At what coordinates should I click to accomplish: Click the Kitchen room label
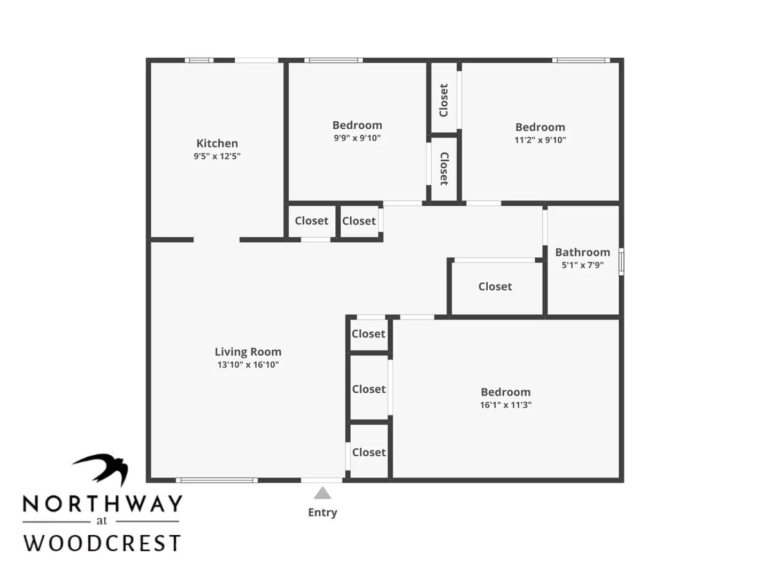217,143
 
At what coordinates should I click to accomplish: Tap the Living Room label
248,352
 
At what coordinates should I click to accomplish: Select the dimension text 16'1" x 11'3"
505,405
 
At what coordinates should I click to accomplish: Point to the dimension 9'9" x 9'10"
357,138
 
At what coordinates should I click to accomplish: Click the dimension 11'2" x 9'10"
540,140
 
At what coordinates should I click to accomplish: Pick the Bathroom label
582,252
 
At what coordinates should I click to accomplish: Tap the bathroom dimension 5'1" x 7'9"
582,265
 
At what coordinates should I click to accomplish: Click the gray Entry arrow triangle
322,493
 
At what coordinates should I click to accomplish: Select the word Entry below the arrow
322,512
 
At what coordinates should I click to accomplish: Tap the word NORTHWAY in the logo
102,504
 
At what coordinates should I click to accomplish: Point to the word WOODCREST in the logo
102,543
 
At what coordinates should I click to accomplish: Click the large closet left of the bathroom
495,287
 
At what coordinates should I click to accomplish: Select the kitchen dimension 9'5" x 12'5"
217,157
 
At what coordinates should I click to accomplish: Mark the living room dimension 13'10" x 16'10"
248,365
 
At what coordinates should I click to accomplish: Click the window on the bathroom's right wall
621,262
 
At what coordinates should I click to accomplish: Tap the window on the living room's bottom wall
217,480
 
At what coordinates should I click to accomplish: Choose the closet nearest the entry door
368,452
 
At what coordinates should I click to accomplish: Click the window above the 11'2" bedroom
581,60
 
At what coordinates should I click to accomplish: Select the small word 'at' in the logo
102,521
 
